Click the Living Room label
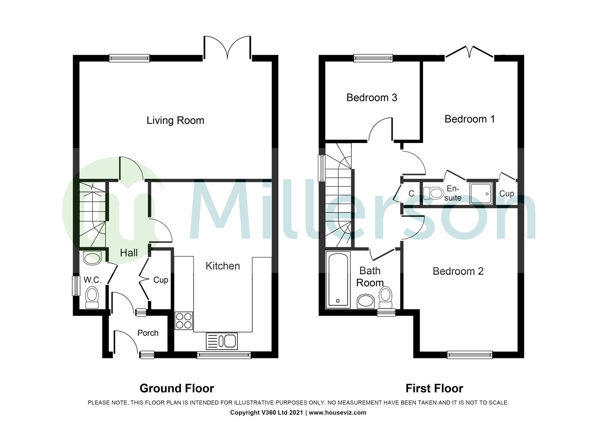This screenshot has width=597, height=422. click(175, 120)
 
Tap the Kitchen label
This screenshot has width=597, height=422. click(222, 266)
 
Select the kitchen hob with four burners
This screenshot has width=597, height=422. click(184, 320)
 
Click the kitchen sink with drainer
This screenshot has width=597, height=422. click(222, 341)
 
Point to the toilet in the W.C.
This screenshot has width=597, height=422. click(92, 298)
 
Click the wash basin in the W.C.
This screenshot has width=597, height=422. click(92, 257)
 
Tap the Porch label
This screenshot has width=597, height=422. click(148, 333)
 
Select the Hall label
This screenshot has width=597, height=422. click(129, 253)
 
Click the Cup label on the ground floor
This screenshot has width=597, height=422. click(161, 280)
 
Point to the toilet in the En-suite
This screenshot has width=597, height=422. click(433, 193)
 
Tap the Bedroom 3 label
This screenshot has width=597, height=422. click(372, 97)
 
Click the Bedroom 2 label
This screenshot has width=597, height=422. click(458, 271)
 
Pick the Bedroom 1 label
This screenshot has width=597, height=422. click(470, 119)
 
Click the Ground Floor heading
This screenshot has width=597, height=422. click(177, 388)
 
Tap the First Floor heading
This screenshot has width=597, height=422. click(434, 388)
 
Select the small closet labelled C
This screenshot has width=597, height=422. click(411, 193)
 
